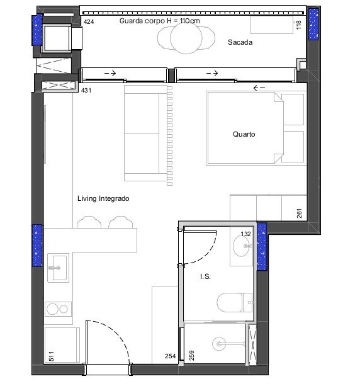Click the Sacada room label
pyautogui.click(x=240, y=42)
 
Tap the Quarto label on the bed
pyautogui.click(x=244, y=134)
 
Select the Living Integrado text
pyautogui.click(x=103, y=198)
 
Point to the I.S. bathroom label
pyautogui.click(x=205, y=276)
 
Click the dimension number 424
pyautogui.click(x=89, y=21)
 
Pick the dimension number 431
pyautogui.click(x=86, y=90)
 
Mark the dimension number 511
pyautogui.click(x=51, y=356)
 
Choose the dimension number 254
pyautogui.click(x=171, y=356)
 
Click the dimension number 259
pyautogui.click(x=191, y=356)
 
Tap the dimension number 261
pyautogui.click(x=299, y=213)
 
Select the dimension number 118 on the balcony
pyautogui.click(x=298, y=25)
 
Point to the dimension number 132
pyautogui.click(x=245, y=234)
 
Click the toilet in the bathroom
pyautogui.click(x=235, y=302)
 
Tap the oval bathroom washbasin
pyautogui.click(x=241, y=246)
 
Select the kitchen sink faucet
pyautogui.click(x=55, y=268)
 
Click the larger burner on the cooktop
pyautogui.click(x=52, y=309)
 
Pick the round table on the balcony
pyautogui.click(x=186, y=38)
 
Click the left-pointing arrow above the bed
pyautogui.click(x=259, y=88)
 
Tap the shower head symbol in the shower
pyautogui.click(x=219, y=344)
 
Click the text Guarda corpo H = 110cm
pyautogui.click(x=159, y=21)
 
